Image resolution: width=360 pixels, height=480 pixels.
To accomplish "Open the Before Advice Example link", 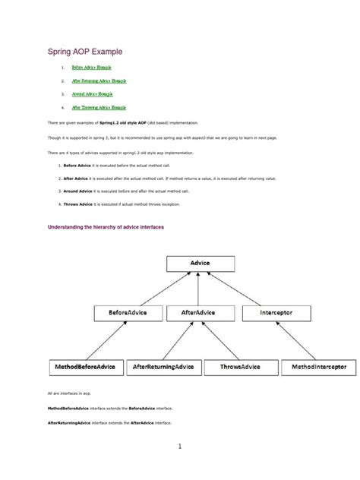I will (x=91, y=68).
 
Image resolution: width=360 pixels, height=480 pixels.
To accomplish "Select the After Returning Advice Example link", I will (x=99, y=81).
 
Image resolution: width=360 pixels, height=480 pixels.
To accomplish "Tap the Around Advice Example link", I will (x=92, y=93).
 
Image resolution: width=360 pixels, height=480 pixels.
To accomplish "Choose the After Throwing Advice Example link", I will (x=99, y=107).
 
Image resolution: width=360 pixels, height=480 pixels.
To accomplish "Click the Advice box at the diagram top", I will (x=201, y=263).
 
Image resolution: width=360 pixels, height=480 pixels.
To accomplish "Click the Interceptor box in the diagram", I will (x=276, y=312).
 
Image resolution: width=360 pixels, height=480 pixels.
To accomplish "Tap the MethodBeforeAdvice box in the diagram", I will (x=86, y=367).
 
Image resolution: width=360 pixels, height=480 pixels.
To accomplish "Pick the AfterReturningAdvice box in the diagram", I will (x=163, y=367).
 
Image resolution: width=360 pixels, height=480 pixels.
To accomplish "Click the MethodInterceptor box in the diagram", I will (x=318, y=367).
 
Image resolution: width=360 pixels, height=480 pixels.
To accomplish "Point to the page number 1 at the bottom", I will (x=180, y=447).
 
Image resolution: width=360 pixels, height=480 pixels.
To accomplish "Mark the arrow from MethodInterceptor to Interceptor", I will (x=301, y=339).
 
